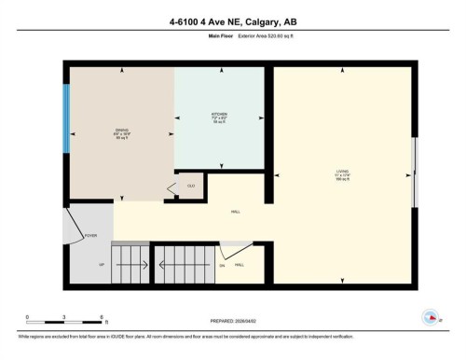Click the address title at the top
click(x=232, y=18)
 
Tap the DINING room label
click(x=122, y=132)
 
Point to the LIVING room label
click(x=342, y=173)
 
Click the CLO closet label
click(x=191, y=187)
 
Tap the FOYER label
click(x=90, y=236)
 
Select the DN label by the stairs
click(x=222, y=266)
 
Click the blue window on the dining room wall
click(x=66, y=120)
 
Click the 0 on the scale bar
click(x=27, y=317)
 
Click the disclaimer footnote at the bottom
click(x=232, y=335)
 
